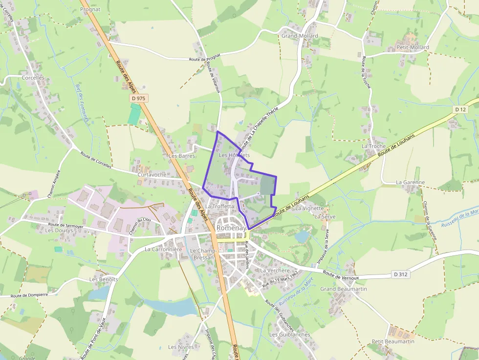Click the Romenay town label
[230, 228]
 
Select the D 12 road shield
[460, 109]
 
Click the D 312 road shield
[400, 275]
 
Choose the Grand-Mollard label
[300, 36]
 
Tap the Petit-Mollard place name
[413, 47]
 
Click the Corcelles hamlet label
[33, 78]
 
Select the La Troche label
[373, 146]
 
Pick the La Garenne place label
[411, 182]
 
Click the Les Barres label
[182, 156]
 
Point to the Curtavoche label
[152, 174]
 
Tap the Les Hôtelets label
[235, 155]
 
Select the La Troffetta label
[219, 206]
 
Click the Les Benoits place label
[104, 279]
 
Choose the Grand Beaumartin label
[344, 289]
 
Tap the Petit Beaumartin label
[393, 341]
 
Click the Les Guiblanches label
[290, 335]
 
